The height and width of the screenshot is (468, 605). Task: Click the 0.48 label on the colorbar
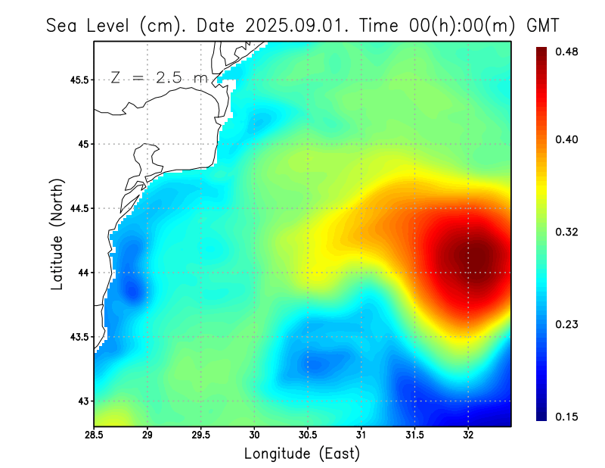pyautogui.click(x=567, y=51)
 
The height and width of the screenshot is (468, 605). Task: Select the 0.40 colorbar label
pyautogui.click(x=567, y=139)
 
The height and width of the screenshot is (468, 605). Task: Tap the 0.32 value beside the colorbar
pyautogui.click(x=567, y=232)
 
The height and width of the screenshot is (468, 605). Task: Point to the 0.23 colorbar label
pyautogui.click(x=567, y=324)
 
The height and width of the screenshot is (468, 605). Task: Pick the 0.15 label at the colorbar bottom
pyautogui.click(x=567, y=417)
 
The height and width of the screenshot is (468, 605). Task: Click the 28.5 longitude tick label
pyautogui.click(x=95, y=435)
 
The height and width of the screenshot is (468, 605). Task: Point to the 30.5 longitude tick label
pyautogui.click(x=308, y=435)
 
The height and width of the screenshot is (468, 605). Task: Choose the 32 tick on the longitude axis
pyautogui.click(x=468, y=435)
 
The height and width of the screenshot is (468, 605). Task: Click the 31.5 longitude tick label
pyautogui.click(x=414, y=435)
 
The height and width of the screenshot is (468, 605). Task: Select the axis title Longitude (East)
pyautogui.click(x=302, y=454)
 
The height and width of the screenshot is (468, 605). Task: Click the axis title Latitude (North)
pyautogui.click(x=57, y=234)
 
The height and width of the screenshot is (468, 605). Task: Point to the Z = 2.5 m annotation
pyautogui.click(x=159, y=77)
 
